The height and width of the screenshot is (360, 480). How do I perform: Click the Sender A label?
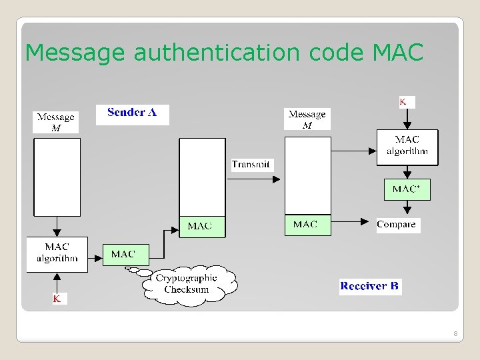[132, 113]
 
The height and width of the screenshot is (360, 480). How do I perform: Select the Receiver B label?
[369, 286]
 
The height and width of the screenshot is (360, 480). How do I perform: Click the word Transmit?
[251, 165]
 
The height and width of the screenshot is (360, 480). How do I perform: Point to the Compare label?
[396, 225]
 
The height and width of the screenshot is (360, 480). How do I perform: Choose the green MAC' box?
[407, 189]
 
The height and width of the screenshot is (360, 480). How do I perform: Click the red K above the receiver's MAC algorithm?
[404, 101]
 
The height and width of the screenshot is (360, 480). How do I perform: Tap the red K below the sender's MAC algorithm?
[57, 299]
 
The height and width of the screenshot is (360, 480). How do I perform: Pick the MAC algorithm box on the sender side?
[57, 253]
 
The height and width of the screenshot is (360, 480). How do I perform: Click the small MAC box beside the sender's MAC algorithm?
[123, 254]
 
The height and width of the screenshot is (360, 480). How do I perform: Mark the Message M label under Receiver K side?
[307, 119]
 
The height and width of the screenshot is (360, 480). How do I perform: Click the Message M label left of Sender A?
[55, 122]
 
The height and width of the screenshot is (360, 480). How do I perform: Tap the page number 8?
[455, 333]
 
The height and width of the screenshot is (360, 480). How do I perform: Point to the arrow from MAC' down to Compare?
[407, 208]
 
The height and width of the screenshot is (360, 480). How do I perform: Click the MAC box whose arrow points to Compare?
[305, 225]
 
